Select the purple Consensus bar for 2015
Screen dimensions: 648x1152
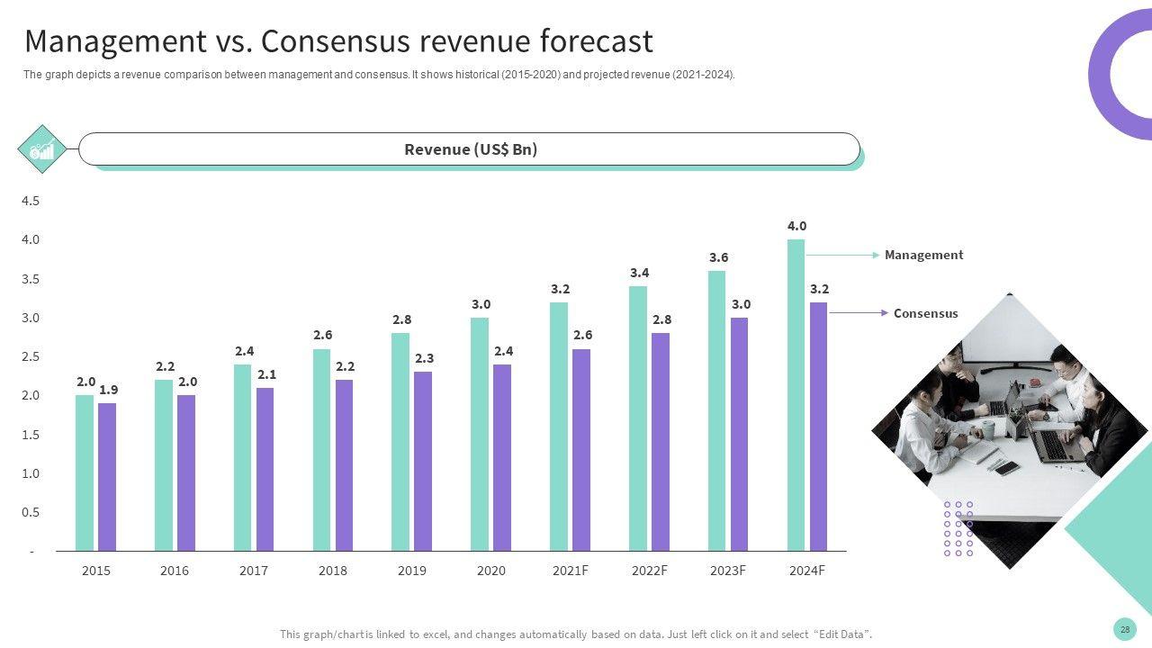click(107, 477)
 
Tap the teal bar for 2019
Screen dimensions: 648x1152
click(400, 441)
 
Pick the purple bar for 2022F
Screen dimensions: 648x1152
click(660, 441)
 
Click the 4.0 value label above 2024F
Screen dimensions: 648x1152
click(796, 226)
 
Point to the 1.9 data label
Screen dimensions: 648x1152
click(108, 390)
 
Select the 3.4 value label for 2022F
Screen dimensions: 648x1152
click(639, 273)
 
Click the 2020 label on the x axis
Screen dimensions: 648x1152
click(490, 571)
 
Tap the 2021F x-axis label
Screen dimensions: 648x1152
click(571, 571)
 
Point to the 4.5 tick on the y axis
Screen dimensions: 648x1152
click(31, 201)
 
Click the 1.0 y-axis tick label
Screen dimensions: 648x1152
click(31, 473)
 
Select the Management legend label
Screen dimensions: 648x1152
click(923, 255)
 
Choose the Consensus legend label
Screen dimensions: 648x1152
click(925, 313)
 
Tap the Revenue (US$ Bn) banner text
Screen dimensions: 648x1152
click(471, 149)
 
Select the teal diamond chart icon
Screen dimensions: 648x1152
click(42, 149)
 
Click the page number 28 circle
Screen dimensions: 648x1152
click(1124, 629)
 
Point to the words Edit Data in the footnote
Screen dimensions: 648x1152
click(841, 634)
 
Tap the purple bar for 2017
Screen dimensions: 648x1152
click(265, 469)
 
